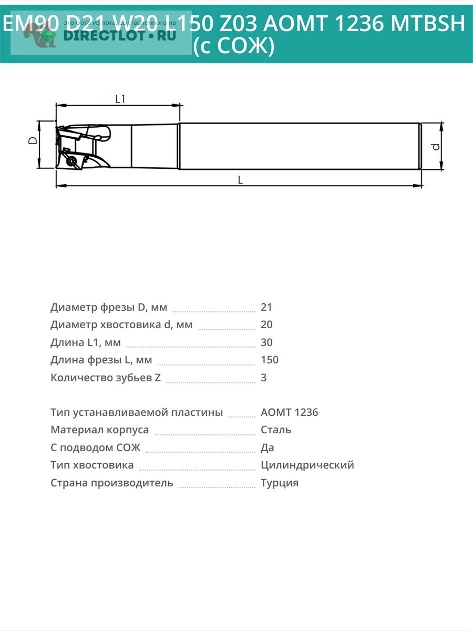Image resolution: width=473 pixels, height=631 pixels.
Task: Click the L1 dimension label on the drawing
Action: click(120, 98)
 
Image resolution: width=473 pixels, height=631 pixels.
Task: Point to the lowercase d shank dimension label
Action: click(435, 146)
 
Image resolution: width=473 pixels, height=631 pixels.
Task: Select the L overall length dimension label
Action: click(240, 180)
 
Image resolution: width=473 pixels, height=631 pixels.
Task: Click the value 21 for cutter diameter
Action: click(266, 307)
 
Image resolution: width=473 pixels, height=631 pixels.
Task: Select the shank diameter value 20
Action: click(266, 324)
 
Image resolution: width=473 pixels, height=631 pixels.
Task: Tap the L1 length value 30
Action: click(266, 342)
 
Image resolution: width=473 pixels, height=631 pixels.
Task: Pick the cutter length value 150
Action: click(270, 360)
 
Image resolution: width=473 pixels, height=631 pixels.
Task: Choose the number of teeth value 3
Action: click(264, 378)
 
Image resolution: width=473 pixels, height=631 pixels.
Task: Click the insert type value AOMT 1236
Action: click(289, 412)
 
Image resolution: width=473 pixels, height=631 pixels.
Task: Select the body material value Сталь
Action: click(276, 430)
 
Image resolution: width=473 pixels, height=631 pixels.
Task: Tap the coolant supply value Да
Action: click(268, 447)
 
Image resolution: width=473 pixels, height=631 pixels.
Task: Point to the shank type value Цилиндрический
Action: click(307, 465)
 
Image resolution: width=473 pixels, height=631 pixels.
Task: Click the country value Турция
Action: click(279, 483)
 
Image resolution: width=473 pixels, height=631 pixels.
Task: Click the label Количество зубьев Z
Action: click(106, 378)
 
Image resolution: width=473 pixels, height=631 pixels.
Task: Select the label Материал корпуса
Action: click(99, 430)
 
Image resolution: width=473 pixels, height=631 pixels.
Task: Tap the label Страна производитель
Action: click(111, 483)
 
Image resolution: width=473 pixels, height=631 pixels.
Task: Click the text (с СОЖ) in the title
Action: click(234, 47)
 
